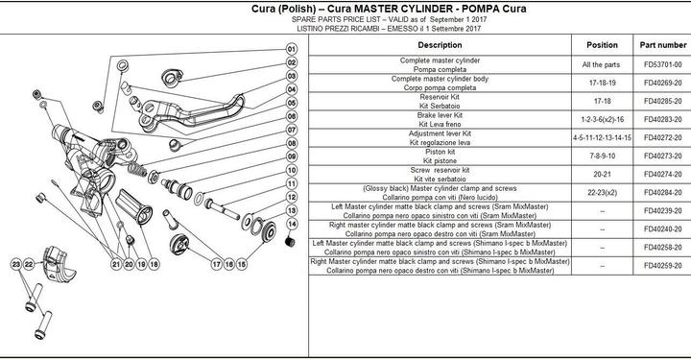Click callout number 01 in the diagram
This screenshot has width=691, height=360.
click(x=290, y=49)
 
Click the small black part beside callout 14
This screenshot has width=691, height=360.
click(x=286, y=240)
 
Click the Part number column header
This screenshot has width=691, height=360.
click(x=663, y=45)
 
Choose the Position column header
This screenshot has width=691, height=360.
click(x=602, y=45)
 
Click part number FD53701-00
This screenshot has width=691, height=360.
click(x=663, y=64)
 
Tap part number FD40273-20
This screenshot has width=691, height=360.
click(x=663, y=156)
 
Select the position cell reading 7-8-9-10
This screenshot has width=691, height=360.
click(x=602, y=156)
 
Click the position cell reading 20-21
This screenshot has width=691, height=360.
click(x=602, y=174)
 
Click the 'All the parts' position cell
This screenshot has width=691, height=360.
click(x=602, y=64)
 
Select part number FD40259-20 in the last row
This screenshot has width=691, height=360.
click(x=663, y=266)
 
